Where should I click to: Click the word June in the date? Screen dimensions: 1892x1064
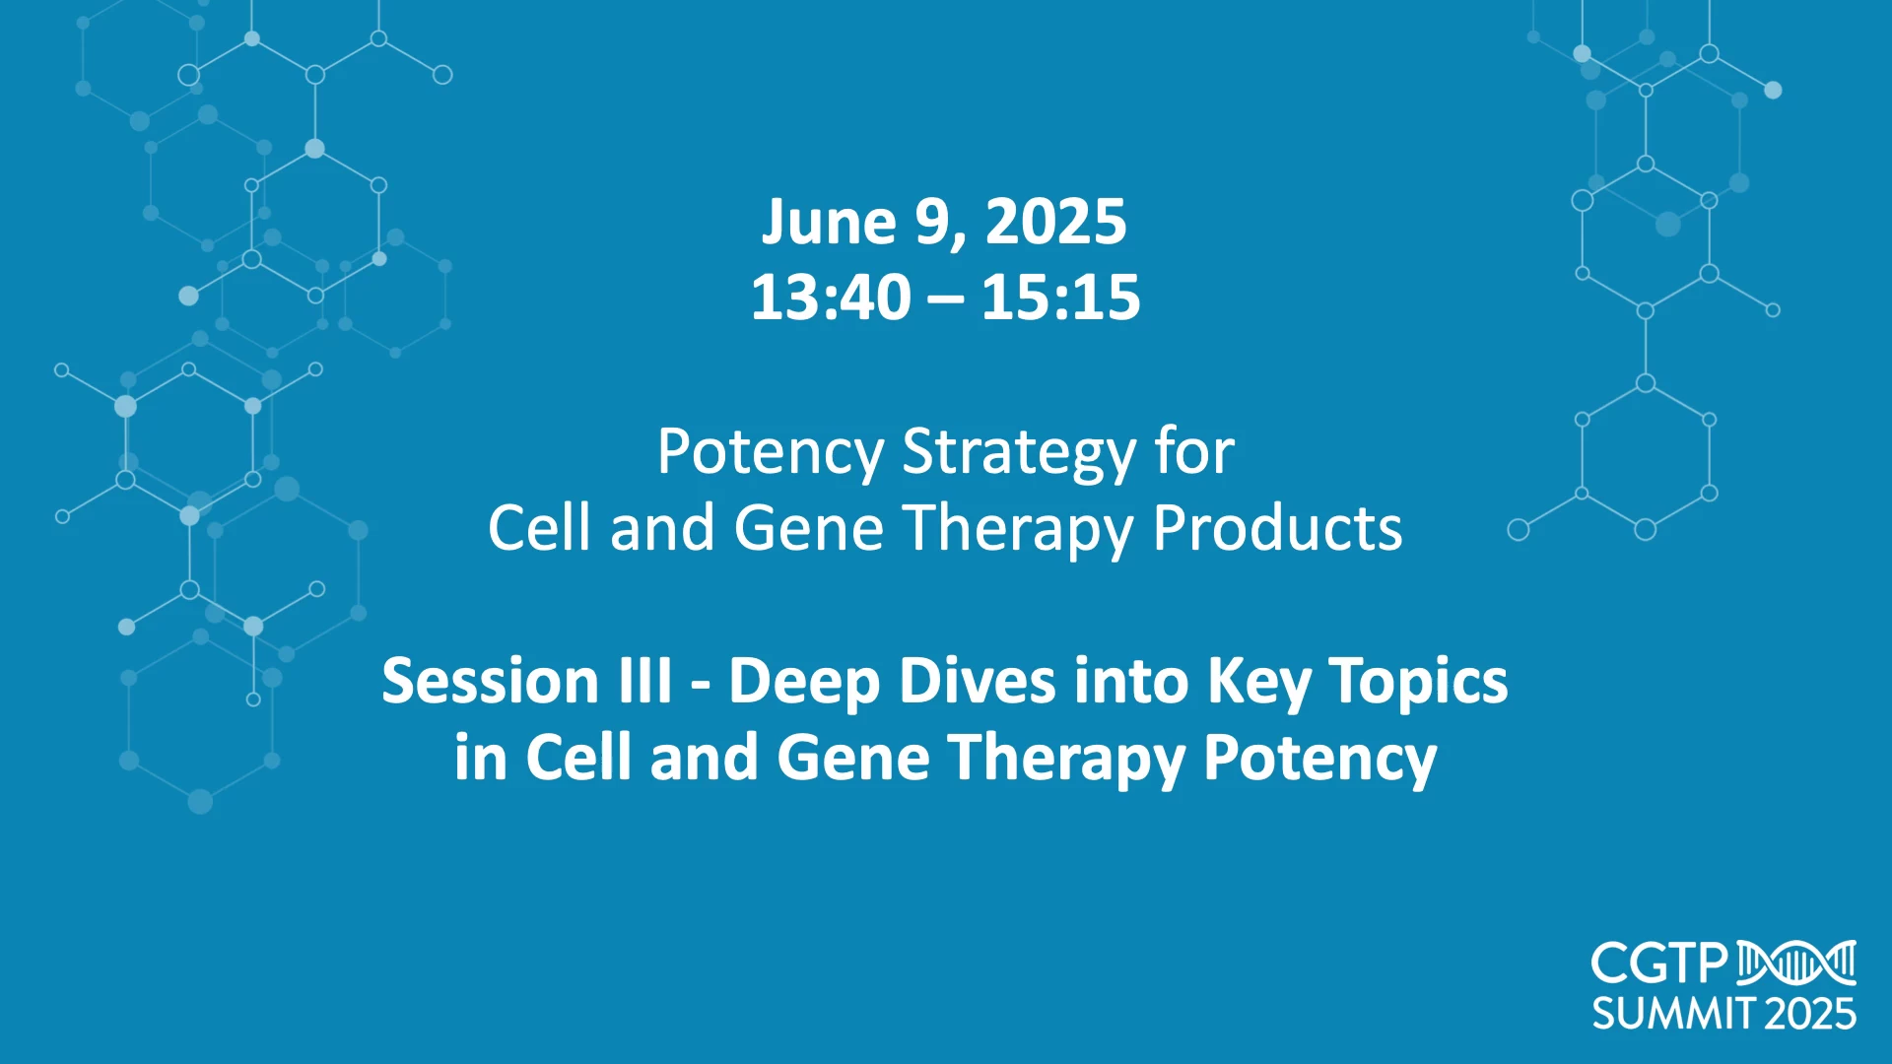[829, 223]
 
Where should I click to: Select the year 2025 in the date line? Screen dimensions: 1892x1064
[1055, 222]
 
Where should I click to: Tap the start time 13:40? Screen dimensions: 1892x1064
[831, 298]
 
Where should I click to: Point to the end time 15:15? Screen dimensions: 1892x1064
[1060, 298]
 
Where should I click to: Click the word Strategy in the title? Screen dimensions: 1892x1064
[1019, 454]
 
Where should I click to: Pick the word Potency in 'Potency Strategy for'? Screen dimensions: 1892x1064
[771, 453]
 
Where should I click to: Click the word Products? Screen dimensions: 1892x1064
[1277, 528]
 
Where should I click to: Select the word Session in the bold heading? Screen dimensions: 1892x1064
[489, 681]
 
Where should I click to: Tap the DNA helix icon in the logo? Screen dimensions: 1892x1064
[1796, 963]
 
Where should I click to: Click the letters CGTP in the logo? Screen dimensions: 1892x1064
[1659, 964]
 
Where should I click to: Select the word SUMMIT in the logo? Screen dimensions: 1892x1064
[1673, 1014]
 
